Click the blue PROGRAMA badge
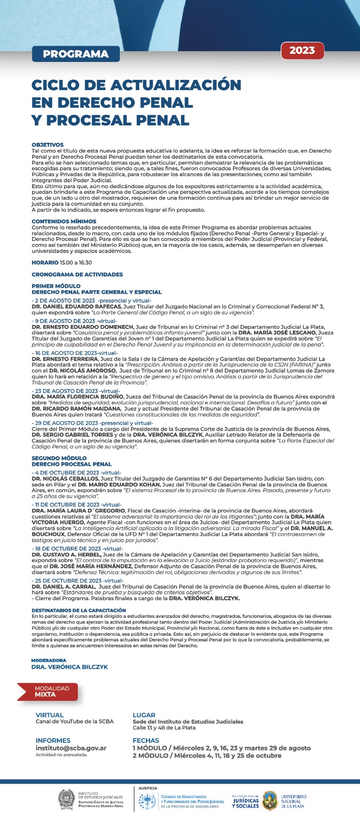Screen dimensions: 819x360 (76, 54)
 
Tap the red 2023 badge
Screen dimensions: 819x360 (302, 51)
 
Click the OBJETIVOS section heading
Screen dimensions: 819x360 (48, 145)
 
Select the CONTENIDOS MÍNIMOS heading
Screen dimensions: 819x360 (64, 222)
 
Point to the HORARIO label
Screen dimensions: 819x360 (45, 263)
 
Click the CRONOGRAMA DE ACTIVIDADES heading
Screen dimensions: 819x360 (77, 274)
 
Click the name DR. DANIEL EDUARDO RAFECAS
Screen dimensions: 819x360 (76, 307)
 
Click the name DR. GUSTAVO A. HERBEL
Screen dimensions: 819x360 (66, 554)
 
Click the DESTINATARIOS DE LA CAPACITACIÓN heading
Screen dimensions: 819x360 (78, 610)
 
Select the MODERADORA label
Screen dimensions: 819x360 (49, 660)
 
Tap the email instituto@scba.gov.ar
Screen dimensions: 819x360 (71, 748)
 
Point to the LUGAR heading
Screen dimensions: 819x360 (144, 715)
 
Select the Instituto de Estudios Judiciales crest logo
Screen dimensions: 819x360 (66, 799)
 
